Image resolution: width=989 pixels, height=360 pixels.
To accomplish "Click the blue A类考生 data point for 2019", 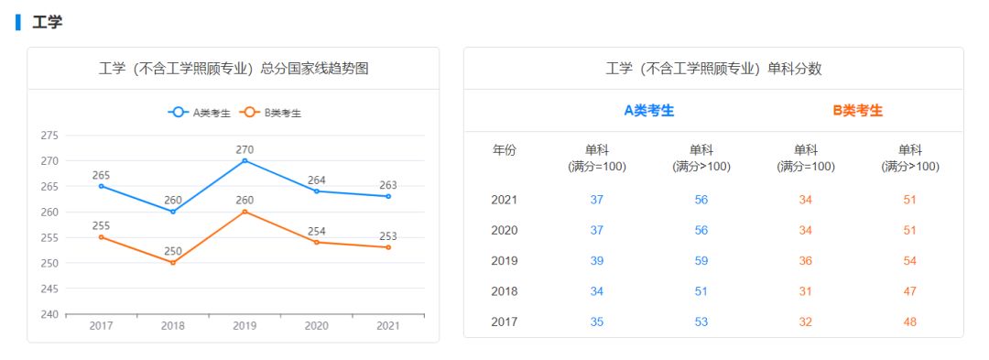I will [245, 160].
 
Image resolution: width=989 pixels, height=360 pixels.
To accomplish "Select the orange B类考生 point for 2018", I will [173, 263].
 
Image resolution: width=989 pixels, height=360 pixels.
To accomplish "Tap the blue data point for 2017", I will [101, 186].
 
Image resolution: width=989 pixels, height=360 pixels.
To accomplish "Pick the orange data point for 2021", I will [388, 247].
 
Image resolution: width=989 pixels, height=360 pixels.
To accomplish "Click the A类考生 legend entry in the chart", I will [200, 113].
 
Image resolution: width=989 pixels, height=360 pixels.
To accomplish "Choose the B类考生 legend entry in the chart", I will [271, 113].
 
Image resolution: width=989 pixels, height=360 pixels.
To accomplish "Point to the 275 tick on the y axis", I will [49, 136].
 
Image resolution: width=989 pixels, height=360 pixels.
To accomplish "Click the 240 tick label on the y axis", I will [49, 314].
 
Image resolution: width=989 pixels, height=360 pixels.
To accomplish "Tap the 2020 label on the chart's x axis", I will [316, 326].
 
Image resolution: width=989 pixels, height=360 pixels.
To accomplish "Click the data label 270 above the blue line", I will [245, 149].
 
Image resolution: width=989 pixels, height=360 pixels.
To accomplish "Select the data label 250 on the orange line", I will [173, 251].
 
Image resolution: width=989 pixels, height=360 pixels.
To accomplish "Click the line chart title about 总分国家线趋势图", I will [234, 69].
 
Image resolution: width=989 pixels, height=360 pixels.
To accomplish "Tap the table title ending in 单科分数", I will [713, 69].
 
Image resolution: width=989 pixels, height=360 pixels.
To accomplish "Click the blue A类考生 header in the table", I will [648, 111].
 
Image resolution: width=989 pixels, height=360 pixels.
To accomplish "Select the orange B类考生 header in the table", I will [858, 111].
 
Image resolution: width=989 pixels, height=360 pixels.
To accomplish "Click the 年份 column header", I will [505, 150].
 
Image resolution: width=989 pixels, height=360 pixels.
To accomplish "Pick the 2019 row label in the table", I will [505, 261].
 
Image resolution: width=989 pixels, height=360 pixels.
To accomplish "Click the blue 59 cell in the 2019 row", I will [701, 261].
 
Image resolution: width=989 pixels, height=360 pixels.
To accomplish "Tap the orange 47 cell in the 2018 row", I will [909, 291].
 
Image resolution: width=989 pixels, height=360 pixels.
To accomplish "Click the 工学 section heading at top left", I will [48, 22].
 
